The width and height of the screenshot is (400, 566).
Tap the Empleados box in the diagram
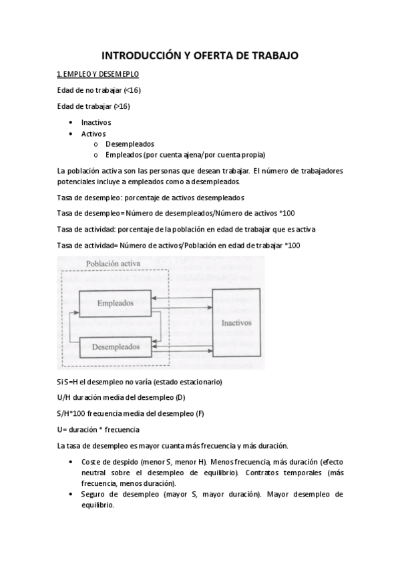[x=116, y=304]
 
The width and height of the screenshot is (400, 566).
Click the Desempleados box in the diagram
[x=116, y=347]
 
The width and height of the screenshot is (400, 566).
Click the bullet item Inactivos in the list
[x=96, y=123]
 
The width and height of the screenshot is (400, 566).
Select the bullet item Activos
[x=93, y=133]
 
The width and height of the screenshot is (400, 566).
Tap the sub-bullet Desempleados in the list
[x=130, y=144]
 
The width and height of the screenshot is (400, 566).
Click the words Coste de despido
[x=110, y=462]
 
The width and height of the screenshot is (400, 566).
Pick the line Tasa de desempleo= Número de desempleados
[x=176, y=213]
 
